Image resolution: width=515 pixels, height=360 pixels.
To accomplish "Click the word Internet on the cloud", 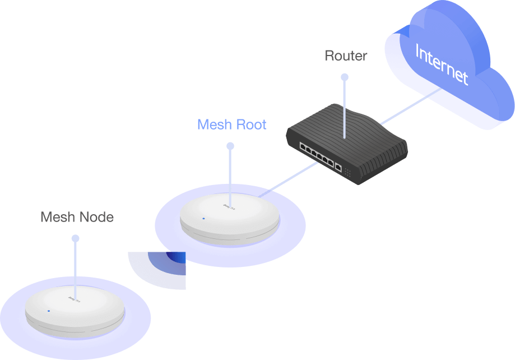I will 442,65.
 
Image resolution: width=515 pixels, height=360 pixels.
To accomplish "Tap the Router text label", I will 346,56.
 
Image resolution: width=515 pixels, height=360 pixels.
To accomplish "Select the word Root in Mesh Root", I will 247,124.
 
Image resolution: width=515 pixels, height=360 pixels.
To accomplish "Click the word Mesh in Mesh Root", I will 215,124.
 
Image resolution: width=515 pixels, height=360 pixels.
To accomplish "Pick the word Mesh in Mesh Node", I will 57,217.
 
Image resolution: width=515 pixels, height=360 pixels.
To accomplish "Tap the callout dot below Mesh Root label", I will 230,146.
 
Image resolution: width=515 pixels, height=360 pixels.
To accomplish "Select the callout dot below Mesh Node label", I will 75,238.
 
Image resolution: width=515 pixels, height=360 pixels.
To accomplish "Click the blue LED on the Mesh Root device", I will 203,218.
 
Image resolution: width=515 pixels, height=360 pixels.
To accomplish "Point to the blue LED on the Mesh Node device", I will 49,310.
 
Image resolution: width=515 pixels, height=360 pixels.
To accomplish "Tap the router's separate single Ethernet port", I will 338,167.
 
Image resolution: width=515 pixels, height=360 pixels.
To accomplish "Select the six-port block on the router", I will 317,154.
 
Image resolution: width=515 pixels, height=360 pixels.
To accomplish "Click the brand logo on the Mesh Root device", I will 230,207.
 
